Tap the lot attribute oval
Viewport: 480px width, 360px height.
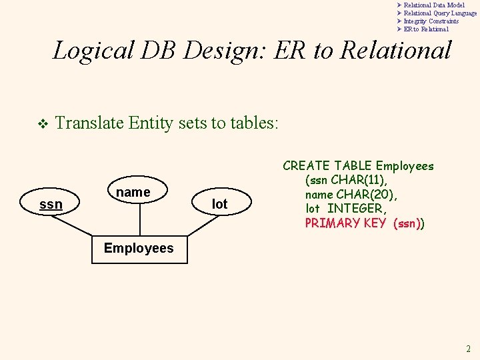coord(219,204)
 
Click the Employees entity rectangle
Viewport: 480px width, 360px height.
coord(139,249)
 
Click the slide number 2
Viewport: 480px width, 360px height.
coord(468,349)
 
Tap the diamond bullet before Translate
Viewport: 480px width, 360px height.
coord(42,123)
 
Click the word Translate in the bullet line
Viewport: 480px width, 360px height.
coord(90,123)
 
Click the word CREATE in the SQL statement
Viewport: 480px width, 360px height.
coord(307,166)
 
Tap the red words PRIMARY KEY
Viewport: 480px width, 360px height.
coord(345,223)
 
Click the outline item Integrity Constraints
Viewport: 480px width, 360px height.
coord(431,21)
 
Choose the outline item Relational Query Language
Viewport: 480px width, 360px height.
coord(440,13)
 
